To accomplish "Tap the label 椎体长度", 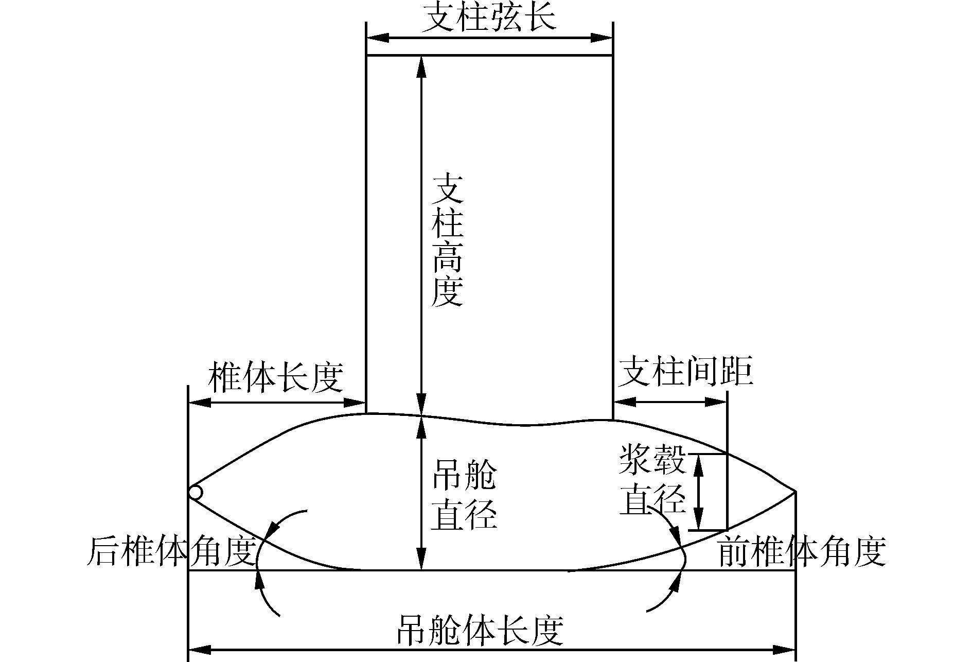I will pos(275,378).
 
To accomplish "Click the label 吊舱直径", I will pos(464,495).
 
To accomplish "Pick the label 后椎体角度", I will pos(172,551).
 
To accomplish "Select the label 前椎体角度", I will pos(801,551).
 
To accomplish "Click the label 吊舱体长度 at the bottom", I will pos(480,630).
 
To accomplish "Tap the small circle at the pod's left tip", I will pos(195,493).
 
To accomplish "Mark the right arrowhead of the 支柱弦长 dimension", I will pos(602,38).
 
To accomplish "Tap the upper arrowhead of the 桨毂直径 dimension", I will pos(698,464).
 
